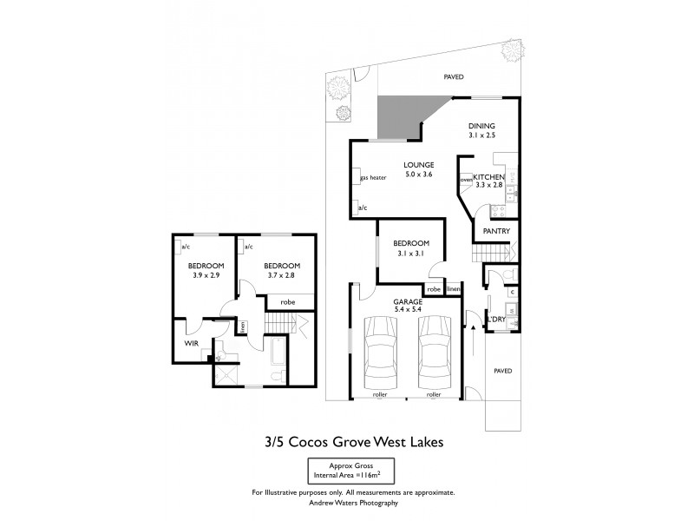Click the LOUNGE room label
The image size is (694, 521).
point(418,165)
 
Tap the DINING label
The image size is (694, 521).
point(481,126)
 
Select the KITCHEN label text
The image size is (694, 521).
point(488,176)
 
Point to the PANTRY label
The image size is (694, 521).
point(495,232)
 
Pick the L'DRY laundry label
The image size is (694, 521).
point(496,319)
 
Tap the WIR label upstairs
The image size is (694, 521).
point(192,343)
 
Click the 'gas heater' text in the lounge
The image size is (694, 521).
point(373,177)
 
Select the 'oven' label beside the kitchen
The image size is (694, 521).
point(466,180)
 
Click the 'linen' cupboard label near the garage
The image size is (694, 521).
point(452,289)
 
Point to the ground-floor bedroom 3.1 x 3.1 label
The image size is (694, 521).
point(410,248)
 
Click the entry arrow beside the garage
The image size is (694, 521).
point(472,327)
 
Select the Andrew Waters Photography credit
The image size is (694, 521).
point(352,503)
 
